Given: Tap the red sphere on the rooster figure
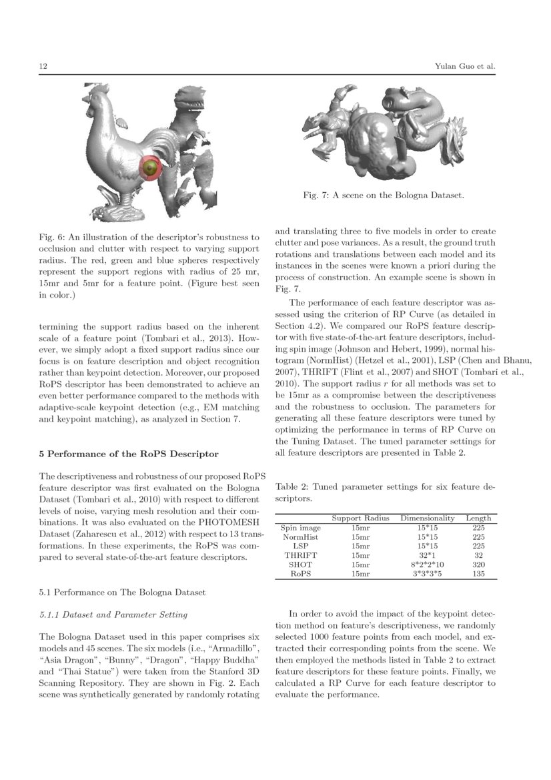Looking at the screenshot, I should click(x=152, y=167).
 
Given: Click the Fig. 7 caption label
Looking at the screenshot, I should click(x=316, y=196).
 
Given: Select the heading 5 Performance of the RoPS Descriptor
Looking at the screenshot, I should click(x=129, y=454).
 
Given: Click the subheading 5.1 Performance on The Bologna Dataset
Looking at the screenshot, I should click(x=122, y=592).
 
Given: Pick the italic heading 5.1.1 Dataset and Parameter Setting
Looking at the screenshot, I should click(x=113, y=614).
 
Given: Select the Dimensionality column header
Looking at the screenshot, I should click(x=427, y=518).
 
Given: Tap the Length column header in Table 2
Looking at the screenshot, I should click(x=478, y=518).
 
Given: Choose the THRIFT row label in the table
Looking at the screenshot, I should click(x=300, y=554).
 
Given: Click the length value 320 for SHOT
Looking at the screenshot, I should click(x=478, y=564).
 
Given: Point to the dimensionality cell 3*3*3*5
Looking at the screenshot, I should click(x=427, y=573).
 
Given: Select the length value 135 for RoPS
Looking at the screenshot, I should click(x=478, y=573).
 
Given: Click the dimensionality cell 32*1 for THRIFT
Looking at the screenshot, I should click(x=427, y=554).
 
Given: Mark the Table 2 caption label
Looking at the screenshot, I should click(x=293, y=488).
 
